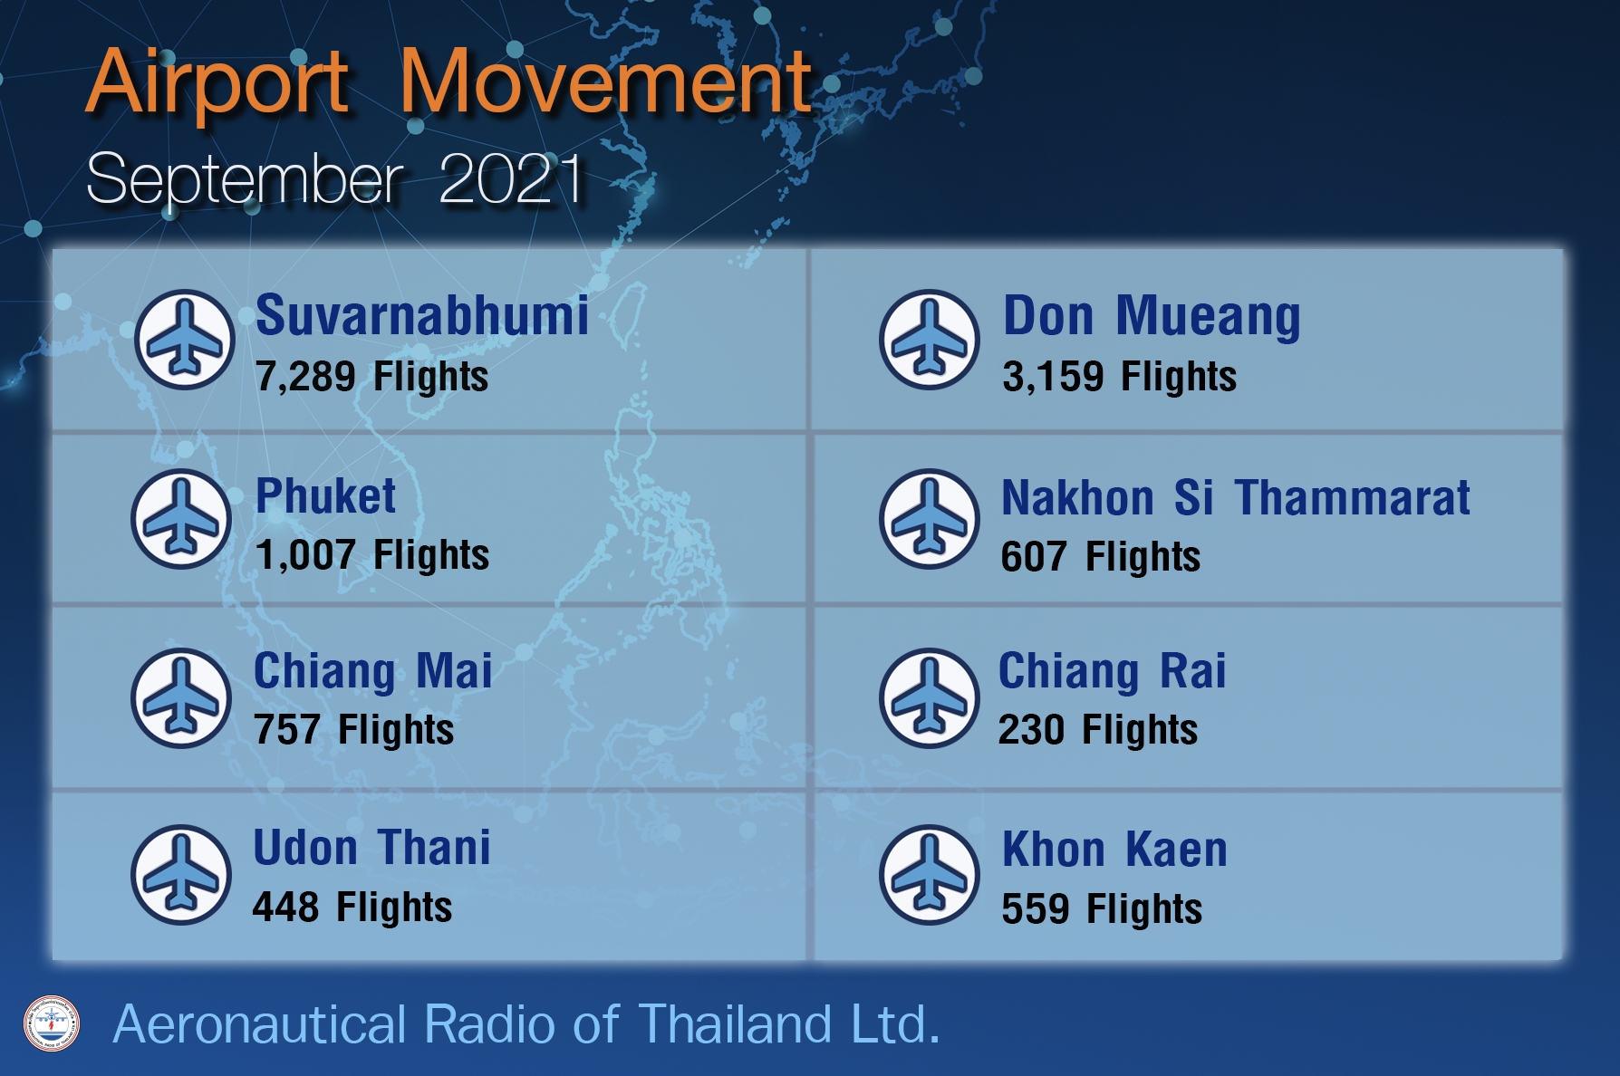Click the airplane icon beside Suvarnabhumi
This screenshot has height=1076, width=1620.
click(185, 339)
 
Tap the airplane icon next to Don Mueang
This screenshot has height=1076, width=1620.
click(930, 339)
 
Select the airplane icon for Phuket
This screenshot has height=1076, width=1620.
click(181, 519)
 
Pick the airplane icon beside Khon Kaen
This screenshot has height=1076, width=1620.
click(930, 874)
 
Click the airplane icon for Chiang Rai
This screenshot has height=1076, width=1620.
click(930, 697)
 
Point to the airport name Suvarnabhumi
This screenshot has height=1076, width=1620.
click(422, 315)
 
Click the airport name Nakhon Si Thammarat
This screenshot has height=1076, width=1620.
click(1236, 497)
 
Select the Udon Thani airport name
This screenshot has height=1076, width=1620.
click(371, 848)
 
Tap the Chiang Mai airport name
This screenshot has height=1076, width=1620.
click(373, 672)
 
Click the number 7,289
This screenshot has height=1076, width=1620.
click(305, 377)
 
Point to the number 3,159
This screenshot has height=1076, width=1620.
click(1053, 377)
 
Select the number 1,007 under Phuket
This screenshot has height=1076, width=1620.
click(305, 555)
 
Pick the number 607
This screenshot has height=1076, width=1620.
click(1034, 556)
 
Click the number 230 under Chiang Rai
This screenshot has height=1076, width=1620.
click(1031, 729)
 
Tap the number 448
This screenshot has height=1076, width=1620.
click(285, 907)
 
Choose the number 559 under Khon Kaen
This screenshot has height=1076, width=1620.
click(1035, 908)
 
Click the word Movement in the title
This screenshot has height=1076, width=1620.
click(605, 82)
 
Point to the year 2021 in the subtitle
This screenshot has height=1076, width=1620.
click(512, 178)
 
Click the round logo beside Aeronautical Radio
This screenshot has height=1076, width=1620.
click(52, 1023)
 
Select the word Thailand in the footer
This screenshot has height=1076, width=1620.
click(735, 1024)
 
